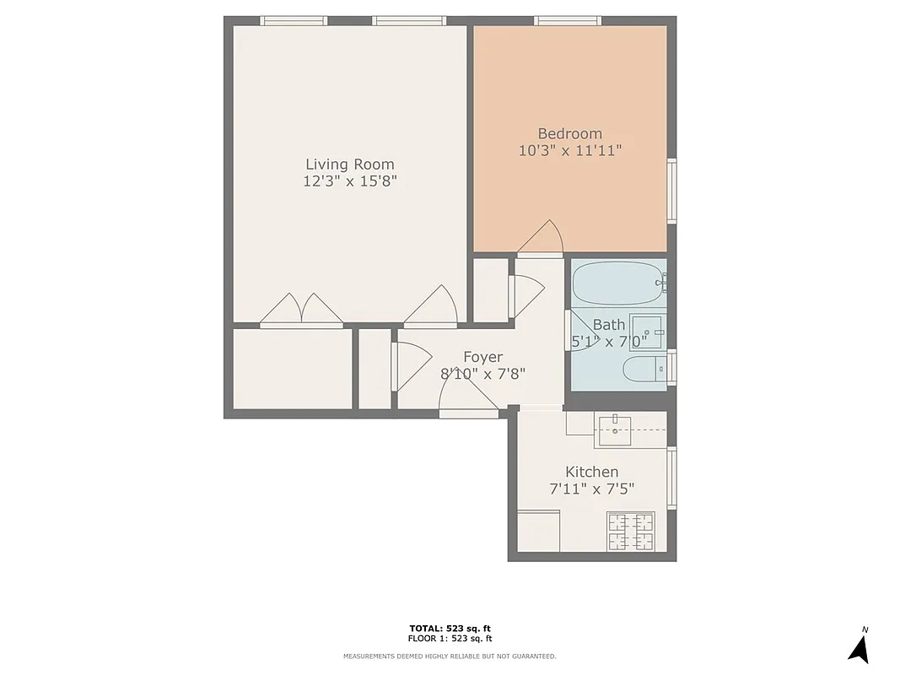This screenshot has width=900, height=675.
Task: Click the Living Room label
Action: [x=349, y=165]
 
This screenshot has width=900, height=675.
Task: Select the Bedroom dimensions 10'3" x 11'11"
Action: [x=570, y=151]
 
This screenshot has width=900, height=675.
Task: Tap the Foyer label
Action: [x=482, y=357]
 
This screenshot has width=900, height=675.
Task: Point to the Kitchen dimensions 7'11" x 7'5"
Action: [x=591, y=489]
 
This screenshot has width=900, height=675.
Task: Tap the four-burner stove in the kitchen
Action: [x=630, y=532]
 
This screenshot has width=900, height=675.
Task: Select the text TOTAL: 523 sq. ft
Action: [x=450, y=628]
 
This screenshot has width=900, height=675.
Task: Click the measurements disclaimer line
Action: [x=450, y=656]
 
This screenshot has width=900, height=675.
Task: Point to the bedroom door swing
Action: [x=541, y=238]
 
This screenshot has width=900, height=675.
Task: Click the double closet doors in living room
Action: [x=301, y=310]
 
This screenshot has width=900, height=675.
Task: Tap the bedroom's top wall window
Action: [x=568, y=21]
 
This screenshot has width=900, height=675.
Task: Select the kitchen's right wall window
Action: [x=671, y=478]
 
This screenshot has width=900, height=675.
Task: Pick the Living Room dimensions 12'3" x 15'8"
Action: [x=349, y=181]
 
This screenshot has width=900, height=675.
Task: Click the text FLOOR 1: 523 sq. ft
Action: [x=450, y=638]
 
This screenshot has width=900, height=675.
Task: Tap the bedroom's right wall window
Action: [x=671, y=191]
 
